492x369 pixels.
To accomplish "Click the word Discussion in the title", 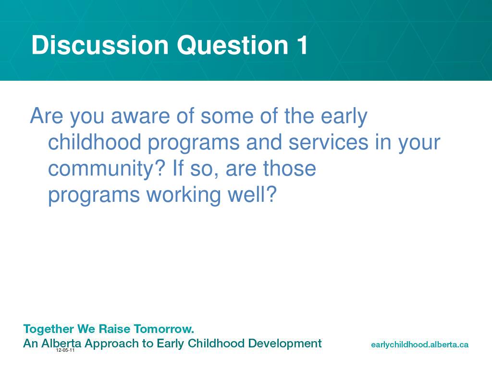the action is pos(100,45).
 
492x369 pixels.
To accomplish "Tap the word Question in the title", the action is pos(233,45).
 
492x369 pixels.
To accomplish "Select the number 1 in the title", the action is pos(303,45).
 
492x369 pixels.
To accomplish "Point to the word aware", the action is pos(140,116).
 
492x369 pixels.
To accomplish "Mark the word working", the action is pos(184,195).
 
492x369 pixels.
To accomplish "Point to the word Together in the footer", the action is pos(49,330).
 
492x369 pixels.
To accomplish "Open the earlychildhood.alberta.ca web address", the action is pos(419,345).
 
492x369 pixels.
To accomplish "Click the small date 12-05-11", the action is pos(65,350).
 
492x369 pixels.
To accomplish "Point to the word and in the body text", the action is pos(264,142).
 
